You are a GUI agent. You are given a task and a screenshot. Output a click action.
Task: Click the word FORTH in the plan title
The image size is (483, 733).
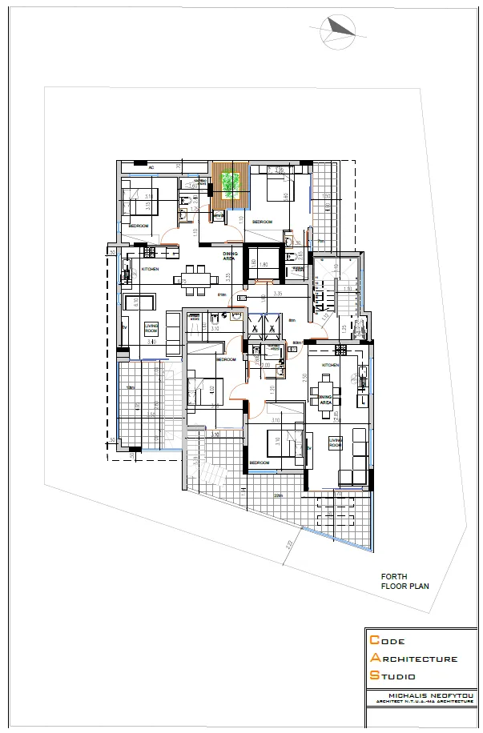point(393,576)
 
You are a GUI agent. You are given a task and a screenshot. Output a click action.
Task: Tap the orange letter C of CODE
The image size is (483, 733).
point(374,641)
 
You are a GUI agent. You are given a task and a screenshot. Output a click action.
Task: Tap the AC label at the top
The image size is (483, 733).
point(151,169)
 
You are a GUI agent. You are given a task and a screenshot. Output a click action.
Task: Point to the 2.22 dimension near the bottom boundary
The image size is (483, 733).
point(286,547)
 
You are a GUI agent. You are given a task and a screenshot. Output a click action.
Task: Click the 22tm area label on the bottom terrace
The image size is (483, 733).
point(278,496)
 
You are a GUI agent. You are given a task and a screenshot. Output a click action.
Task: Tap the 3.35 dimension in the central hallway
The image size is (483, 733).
point(277,294)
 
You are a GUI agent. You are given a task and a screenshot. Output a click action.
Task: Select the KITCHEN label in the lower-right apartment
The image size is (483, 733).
point(330,365)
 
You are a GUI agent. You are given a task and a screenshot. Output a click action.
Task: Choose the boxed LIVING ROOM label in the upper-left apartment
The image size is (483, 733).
point(151,328)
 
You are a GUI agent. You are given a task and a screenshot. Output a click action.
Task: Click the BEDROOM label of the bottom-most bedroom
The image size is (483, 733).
point(259,463)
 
